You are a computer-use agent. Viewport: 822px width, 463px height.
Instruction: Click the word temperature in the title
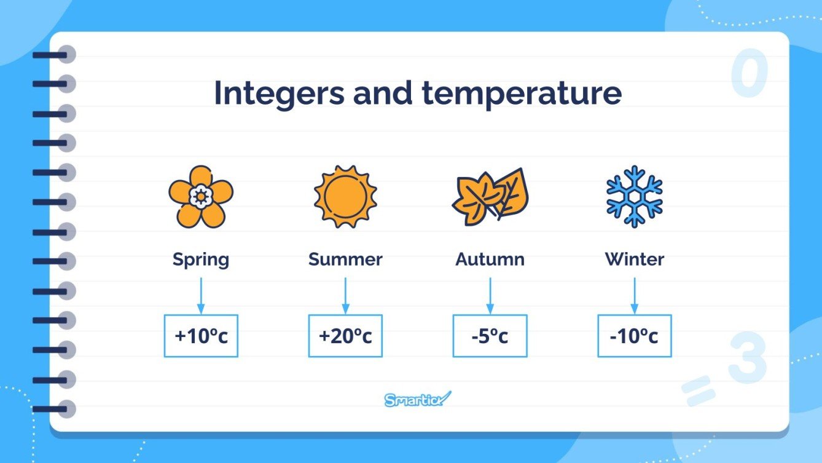coord(522,94)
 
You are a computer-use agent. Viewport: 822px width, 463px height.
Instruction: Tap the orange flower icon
coord(200,196)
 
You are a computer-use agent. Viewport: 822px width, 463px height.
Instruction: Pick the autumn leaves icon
coord(490,195)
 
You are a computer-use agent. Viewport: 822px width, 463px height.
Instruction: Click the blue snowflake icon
coord(634,196)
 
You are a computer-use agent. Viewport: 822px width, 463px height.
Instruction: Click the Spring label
coord(200,259)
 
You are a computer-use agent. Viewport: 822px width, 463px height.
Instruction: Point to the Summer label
coord(345,259)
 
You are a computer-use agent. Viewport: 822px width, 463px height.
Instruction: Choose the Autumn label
coord(490,259)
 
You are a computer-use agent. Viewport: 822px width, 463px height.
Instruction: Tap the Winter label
coord(635,259)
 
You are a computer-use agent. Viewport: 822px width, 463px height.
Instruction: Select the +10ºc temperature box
coord(201,336)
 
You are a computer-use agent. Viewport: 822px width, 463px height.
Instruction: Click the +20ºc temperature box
coord(345,336)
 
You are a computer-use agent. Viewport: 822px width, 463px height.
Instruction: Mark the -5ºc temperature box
coord(490,336)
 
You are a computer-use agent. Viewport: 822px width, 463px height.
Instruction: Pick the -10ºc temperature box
coord(635,336)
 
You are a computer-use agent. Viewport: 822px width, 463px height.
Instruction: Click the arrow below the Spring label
coord(200,295)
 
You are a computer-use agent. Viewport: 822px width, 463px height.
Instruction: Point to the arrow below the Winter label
coord(635,295)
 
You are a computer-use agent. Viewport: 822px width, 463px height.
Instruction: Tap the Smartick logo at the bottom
coord(417,399)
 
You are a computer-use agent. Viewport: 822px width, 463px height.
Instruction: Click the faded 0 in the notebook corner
coord(750,74)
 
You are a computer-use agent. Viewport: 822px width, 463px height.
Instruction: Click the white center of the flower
coord(200,196)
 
